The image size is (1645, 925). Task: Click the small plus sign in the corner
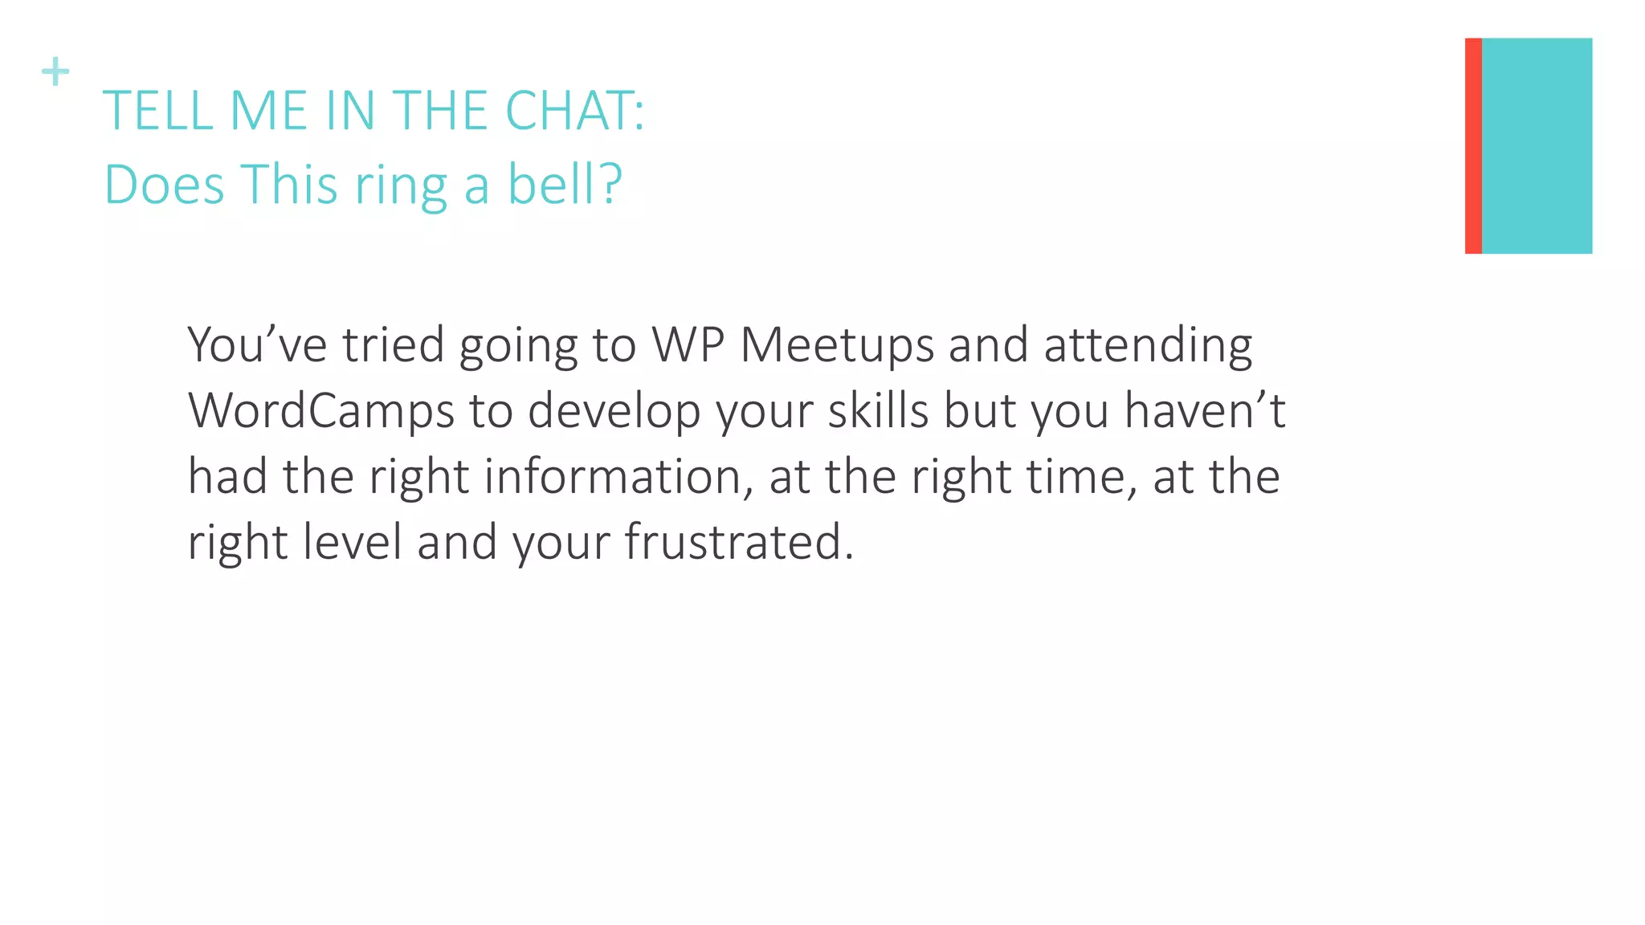[x=55, y=71]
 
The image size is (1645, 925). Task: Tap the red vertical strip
[x=1472, y=145]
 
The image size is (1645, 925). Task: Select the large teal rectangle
[x=1536, y=145]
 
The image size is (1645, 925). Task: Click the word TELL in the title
[x=158, y=111]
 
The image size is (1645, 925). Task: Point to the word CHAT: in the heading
[x=574, y=111]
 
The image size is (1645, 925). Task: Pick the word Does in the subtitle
[x=164, y=185]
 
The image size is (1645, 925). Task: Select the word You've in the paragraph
[x=257, y=345]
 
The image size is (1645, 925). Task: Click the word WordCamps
[x=321, y=412]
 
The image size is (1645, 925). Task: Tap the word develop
[x=614, y=412]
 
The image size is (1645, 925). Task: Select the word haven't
[x=1205, y=410]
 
